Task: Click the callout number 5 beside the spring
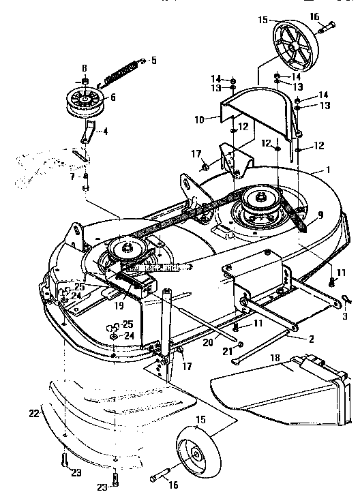(153, 61)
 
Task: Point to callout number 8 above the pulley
(85, 69)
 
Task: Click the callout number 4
(105, 132)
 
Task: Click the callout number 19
(119, 306)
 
